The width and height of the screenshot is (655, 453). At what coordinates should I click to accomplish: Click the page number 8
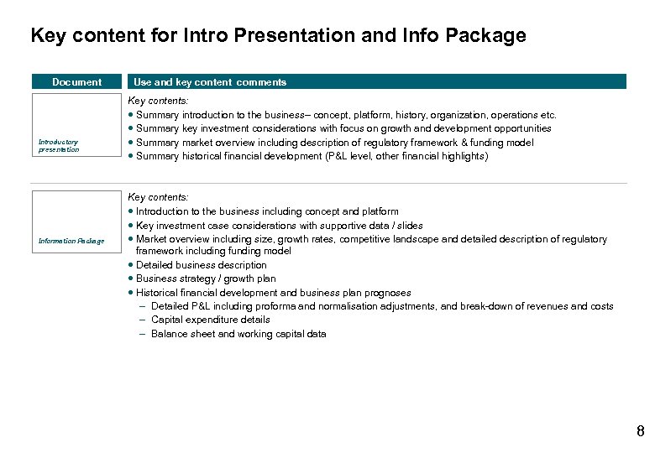click(x=641, y=432)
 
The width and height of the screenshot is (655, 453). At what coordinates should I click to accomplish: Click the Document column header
click(x=76, y=82)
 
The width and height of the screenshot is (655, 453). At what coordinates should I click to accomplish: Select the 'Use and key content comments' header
click(x=210, y=82)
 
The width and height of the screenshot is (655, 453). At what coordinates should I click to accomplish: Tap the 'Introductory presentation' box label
click(x=59, y=146)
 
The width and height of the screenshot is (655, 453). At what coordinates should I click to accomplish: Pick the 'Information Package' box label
click(x=71, y=242)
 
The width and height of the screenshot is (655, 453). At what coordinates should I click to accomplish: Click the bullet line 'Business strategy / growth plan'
click(x=206, y=279)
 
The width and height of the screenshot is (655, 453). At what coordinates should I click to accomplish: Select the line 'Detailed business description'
click(x=201, y=265)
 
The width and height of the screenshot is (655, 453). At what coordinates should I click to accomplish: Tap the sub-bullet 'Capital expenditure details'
click(x=210, y=320)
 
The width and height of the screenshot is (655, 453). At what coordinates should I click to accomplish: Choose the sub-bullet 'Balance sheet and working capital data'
click(x=238, y=334)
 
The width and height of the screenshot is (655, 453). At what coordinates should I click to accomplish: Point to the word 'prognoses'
click(x=390, y=293)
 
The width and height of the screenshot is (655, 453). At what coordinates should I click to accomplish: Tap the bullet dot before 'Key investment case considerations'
click(x=131, y=226)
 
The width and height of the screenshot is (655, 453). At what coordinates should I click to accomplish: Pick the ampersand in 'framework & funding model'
click(x=464, y=143)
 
